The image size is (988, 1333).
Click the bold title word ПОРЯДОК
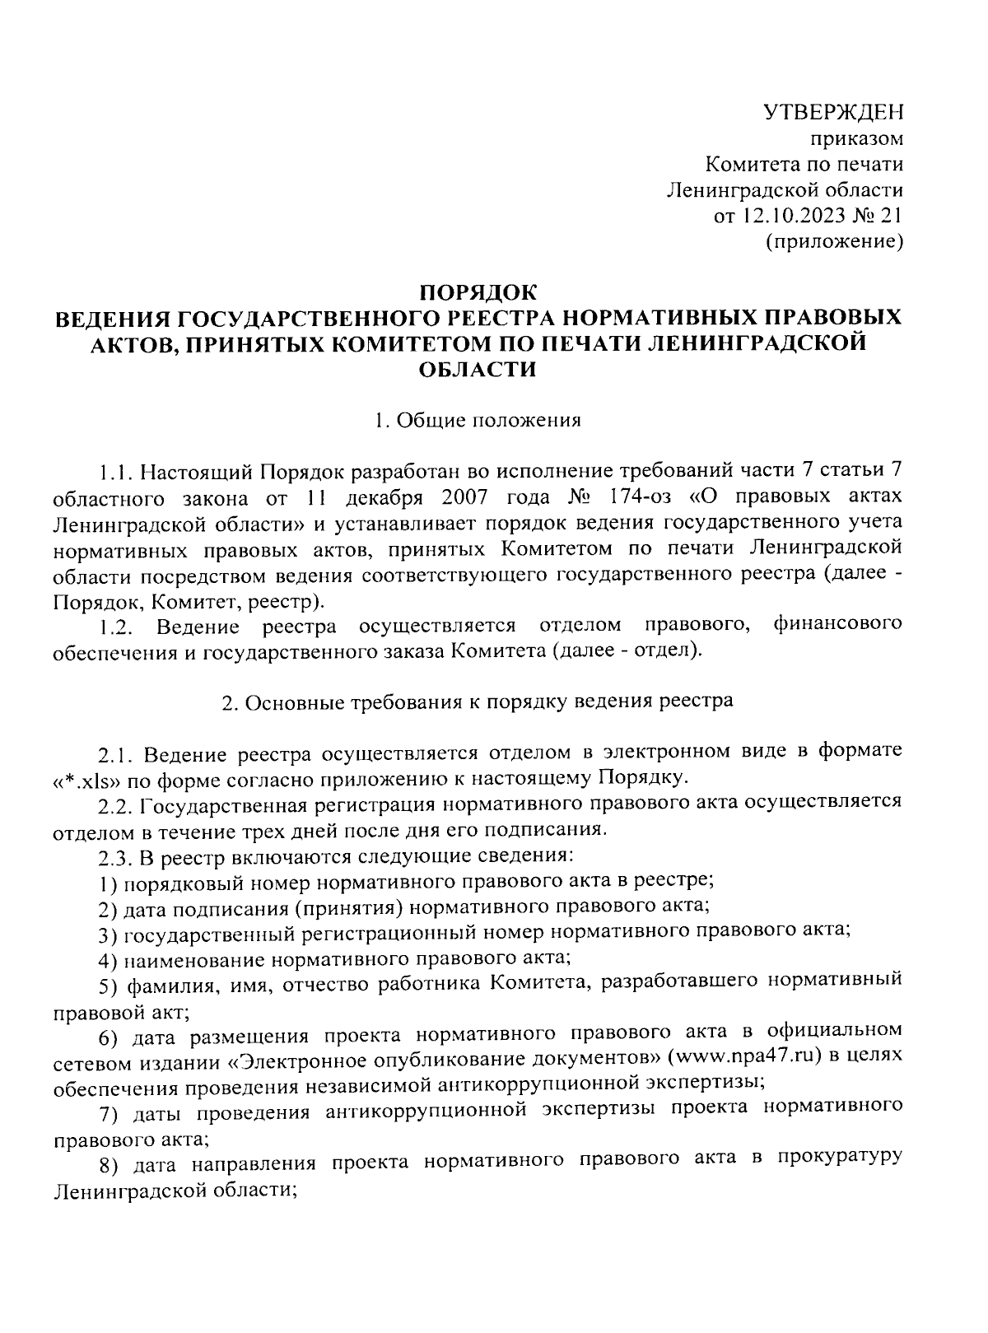[478, 291]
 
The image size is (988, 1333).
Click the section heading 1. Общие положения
[478, 421]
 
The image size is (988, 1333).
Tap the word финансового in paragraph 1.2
[838, 625]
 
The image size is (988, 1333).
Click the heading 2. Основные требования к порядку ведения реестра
[478, 702]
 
